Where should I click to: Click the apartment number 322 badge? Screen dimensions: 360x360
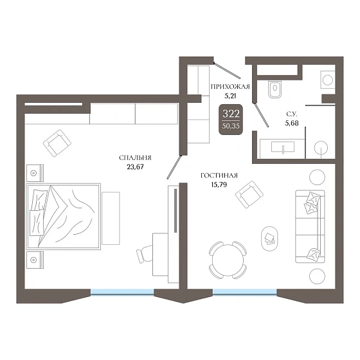point(231,119)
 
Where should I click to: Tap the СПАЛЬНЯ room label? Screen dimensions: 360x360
point(135,157)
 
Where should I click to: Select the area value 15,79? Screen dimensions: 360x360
point(219,184)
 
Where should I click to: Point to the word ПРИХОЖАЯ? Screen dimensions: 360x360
point(230,87)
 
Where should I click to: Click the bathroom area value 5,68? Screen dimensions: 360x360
point(292,123)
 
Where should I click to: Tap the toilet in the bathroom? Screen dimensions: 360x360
point(275,89)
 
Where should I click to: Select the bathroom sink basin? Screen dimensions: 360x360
point(283,147)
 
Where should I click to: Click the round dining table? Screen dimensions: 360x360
point(228,260)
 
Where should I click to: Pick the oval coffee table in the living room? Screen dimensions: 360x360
point(270,239)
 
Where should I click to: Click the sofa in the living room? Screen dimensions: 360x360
point(310,226)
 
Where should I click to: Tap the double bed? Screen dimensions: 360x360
point(64,216)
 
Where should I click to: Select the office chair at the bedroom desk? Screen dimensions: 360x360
point(145,253)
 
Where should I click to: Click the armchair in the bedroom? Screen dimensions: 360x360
point(57,143)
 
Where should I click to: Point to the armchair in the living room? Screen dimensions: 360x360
point(249,194)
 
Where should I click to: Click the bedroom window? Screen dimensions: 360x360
point(122,292)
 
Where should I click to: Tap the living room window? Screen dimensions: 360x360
point(245,292)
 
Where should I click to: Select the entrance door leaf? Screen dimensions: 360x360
point(227,70)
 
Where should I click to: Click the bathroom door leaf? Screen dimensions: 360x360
point(261,114)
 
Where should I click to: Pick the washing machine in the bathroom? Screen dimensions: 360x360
point(328,80)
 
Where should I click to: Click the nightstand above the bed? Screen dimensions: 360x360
point(35,173)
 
